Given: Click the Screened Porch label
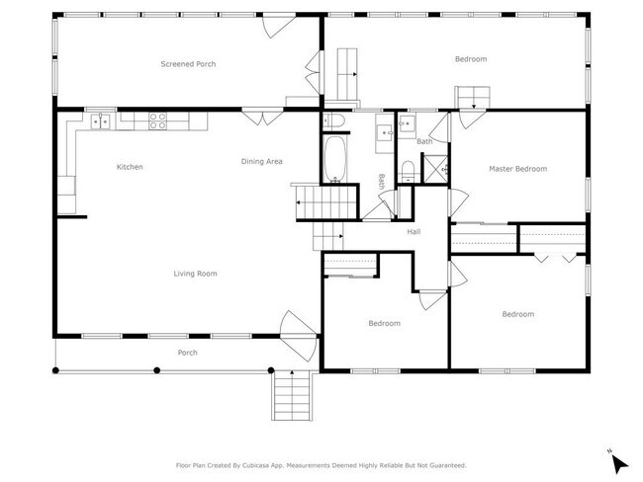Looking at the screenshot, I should [x=188, y=64].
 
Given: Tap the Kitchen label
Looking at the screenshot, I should [x=130, y=167].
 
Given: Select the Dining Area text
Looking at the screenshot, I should [x=262, y=161].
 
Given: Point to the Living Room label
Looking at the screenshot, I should [x=195, y=274].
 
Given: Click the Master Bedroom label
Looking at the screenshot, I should [x=517, y=169].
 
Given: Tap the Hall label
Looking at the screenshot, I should [x=414, y=231].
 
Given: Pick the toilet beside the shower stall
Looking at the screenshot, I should [x=408, y=168].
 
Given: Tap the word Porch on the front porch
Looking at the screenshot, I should [x=187, y=353].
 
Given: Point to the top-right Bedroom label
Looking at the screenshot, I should [x=471, y=59].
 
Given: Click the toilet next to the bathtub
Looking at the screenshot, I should [x=334, y=121].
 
